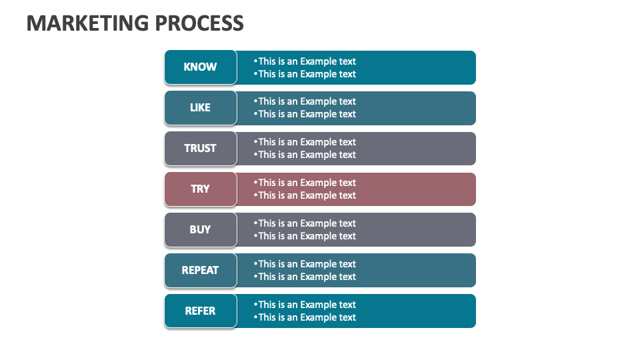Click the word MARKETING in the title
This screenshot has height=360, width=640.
[x=88, y=23]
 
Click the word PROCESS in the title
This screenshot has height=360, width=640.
[x=199, y=23]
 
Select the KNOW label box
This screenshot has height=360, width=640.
[x=201, y=67]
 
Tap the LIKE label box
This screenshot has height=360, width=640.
[x=201, y=108]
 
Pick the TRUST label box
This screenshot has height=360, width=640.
[x=201, y=149]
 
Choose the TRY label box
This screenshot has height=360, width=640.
[x=201, y=189]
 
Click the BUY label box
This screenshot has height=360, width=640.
[x=201, y=230]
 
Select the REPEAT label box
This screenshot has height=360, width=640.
[x=201, y=270]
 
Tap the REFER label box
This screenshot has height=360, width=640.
[x=201, y=311]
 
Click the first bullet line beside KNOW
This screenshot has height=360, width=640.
[x=305, y=61]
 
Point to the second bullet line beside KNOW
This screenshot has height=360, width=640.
[x=305, y=74]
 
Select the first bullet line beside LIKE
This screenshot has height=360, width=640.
[x=305, y=101]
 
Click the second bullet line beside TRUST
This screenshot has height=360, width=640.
[x=305, y=155]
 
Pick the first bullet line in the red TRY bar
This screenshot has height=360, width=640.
[x=305, y=183]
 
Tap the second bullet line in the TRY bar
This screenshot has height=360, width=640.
[x=305, y=195]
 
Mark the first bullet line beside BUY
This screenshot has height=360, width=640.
[x=305, y=223]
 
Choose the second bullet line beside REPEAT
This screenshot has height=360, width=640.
[x=305, y=276]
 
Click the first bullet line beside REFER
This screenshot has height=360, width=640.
[x=305, y=305]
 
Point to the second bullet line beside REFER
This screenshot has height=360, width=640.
[x=305, y=317]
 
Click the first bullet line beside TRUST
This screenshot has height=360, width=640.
[x=305, y=142]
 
